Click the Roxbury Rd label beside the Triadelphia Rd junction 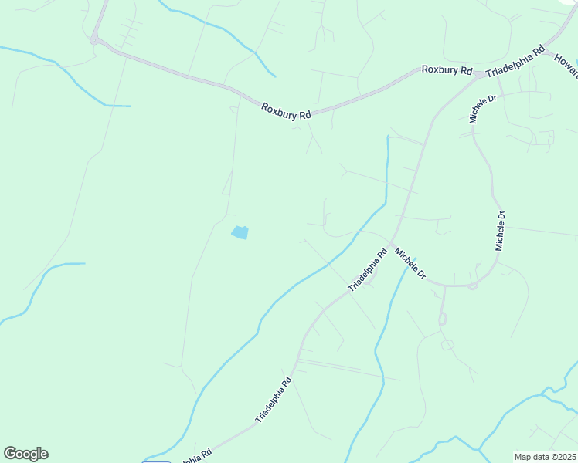click(x=446, y=69)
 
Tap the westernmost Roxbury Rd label click(x=285, y=110)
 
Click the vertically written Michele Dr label click(x=501, y=230)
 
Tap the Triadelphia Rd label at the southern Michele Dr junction click(x=367, y=269)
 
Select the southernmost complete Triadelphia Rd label click(x=274, y=399)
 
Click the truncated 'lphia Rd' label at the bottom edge click(x=196, y=457)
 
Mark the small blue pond click(x=240, y=231)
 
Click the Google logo click(x=25, y=454)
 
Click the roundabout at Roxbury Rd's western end click(x=94, y=39)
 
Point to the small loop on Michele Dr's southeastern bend click(x=473, y=286)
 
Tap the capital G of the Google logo click(x=10, y=454)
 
